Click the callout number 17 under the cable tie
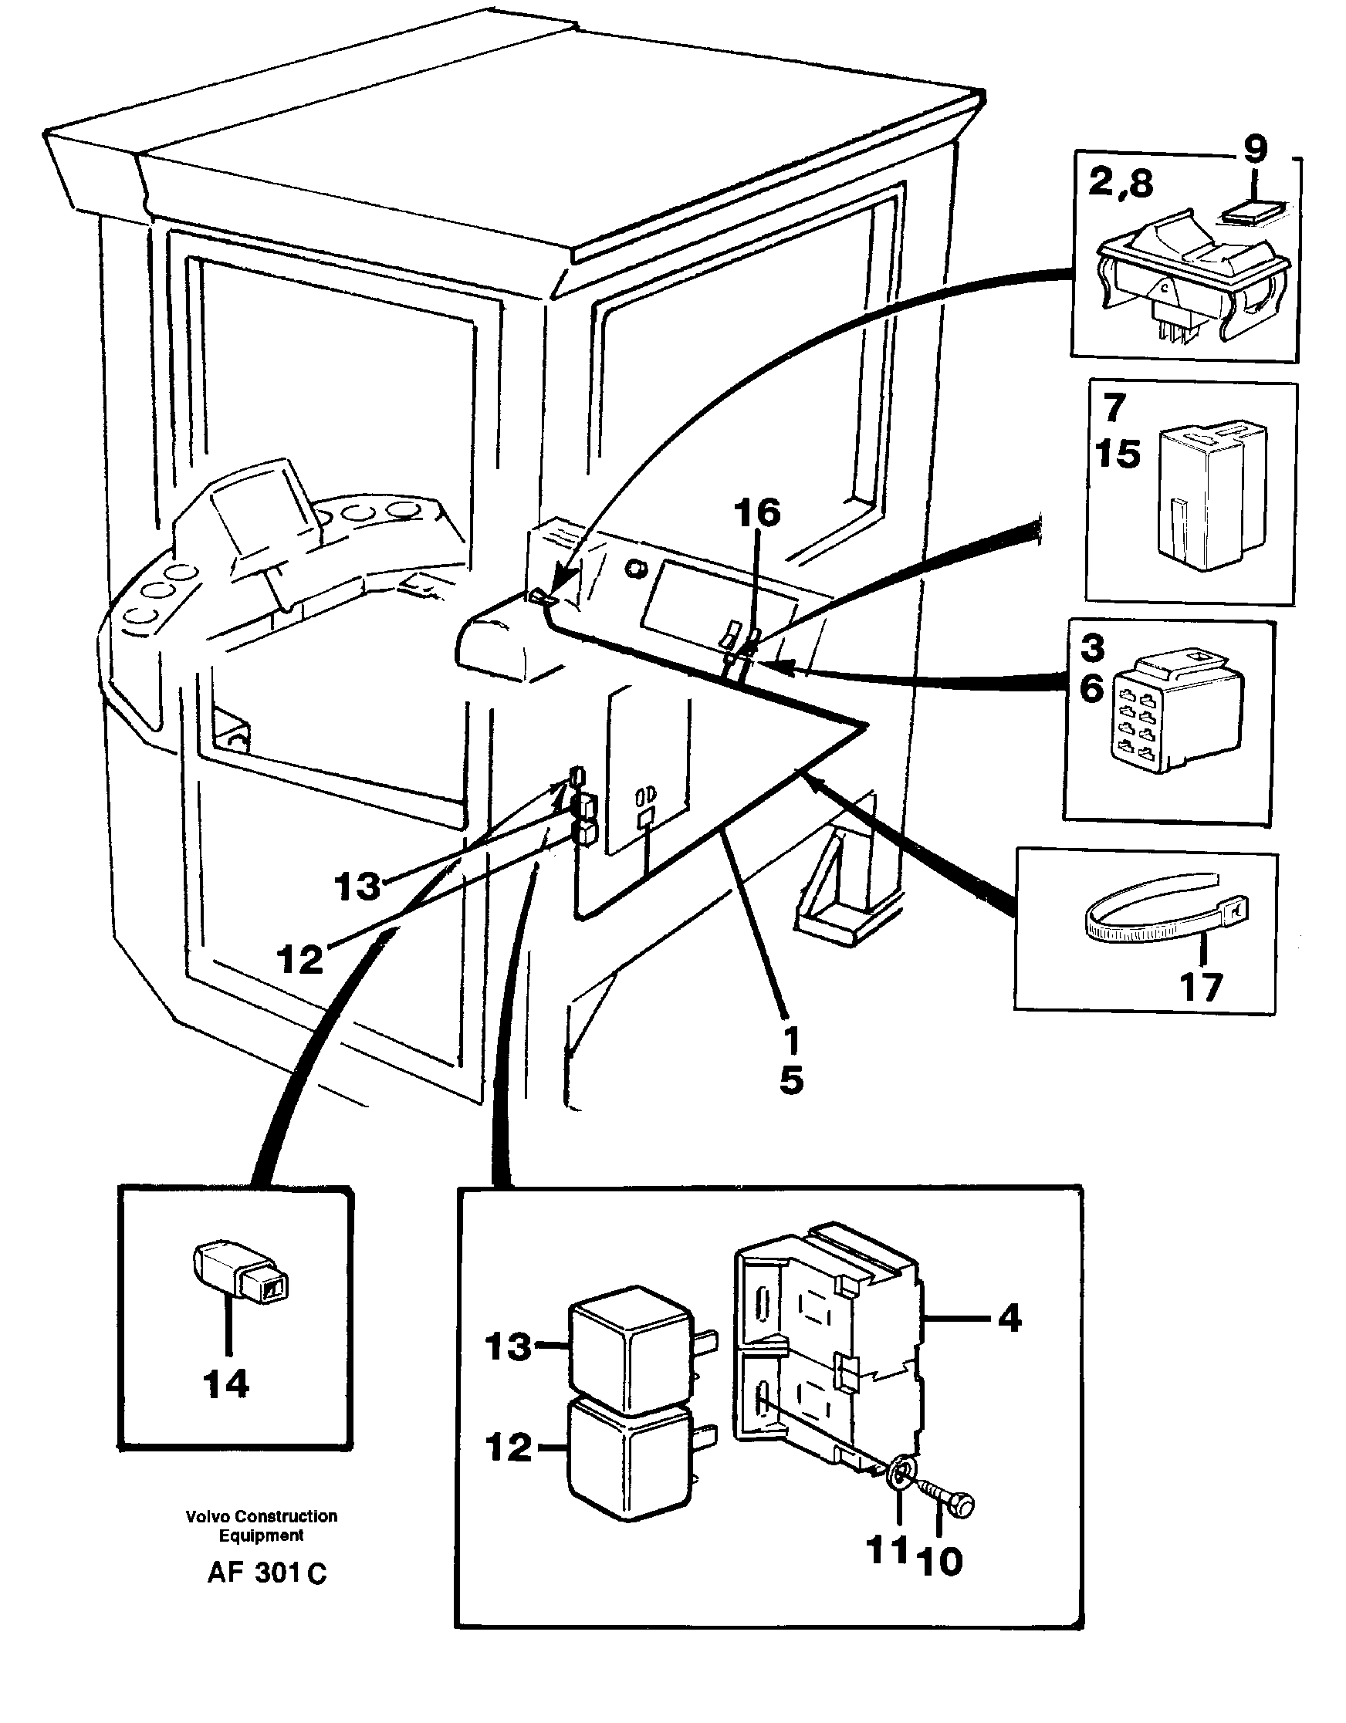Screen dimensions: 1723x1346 pyautogui.click(x=1201, y=987)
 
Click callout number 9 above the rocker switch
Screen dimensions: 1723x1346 pyautogui.click(x=1254, y=150)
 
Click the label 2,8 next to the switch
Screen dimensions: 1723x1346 pyautogui.click(x=1121, y=184)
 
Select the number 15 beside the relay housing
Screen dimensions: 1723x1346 pyautogui.click(x=1118, y=454)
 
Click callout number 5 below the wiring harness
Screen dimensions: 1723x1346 pyautogui.click(x=791, y=1080)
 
